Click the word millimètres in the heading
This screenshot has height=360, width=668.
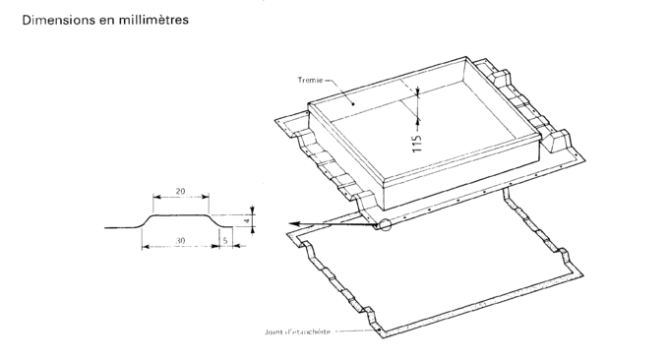click(153, 20)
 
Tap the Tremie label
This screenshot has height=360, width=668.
click(310, 80)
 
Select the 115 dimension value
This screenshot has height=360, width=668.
click(417, 144)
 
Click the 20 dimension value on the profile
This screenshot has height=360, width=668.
click(181, 191)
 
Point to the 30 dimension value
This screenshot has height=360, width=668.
click(181, 241)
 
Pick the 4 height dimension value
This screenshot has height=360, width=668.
click(246, 221)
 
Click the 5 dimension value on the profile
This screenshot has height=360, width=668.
click(226, 241)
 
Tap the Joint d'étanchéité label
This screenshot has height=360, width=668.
click(297, 331)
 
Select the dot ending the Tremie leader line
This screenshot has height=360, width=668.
click(353, 103)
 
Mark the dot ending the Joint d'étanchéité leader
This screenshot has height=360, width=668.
click(379, 330)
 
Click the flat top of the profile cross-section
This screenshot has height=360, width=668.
click(181, 214)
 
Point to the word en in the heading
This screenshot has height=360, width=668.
click(108, 20)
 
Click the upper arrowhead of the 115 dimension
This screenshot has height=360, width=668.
click(417, 90)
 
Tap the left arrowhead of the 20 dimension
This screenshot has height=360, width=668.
click(156, 197)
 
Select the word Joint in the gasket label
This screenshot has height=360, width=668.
click(273, 331)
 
